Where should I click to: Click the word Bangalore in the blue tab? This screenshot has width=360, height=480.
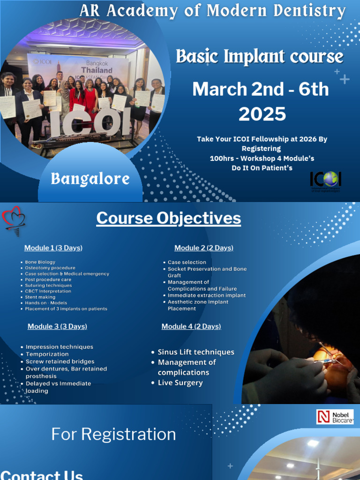point(90,179)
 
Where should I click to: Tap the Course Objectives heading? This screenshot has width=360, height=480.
point(169,218)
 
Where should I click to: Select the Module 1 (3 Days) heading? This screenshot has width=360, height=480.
point(53,248)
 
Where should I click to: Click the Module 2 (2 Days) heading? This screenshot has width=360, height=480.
point(203,248)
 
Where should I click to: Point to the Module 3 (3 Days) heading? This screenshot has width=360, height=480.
point(57,326)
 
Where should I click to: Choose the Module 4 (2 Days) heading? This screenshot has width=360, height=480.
point(191,326)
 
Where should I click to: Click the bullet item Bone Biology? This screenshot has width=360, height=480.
point(40,262)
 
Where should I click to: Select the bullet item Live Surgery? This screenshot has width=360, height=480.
point(180,383)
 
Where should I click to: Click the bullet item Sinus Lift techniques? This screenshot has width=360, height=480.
point(196,352)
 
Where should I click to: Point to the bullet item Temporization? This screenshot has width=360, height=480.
point(47,354)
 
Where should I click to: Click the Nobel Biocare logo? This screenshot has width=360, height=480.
point(335,417)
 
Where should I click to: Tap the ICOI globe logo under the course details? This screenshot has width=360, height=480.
point(325,180)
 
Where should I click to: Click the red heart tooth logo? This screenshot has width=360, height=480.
point(14,221)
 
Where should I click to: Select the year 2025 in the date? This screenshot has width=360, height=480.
point(262,114)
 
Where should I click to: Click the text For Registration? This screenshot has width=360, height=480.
point(113,435)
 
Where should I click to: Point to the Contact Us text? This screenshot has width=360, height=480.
point(42,474)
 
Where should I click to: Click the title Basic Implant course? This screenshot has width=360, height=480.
point(259,57)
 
